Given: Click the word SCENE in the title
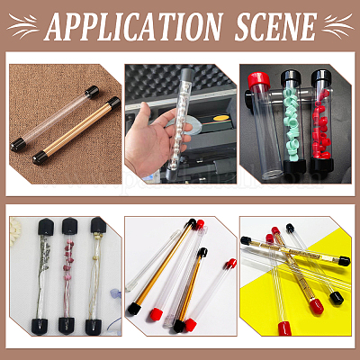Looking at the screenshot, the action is coord(275,26).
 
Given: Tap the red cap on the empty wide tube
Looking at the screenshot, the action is coord(259,80).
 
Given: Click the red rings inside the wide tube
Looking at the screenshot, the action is coord(322,124).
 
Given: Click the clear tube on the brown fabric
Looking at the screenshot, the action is coord(55,119).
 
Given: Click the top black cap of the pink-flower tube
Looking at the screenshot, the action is coord(70,226).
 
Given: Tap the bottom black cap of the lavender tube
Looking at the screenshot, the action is coord(40,327).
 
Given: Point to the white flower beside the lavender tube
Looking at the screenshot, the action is coord(14,231).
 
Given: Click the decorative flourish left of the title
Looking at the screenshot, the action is coord(23,25).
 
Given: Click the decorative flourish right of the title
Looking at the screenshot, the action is coord(338,25).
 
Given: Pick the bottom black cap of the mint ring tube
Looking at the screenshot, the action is coord(294,166).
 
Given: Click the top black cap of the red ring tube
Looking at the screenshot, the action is coord(322,77).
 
